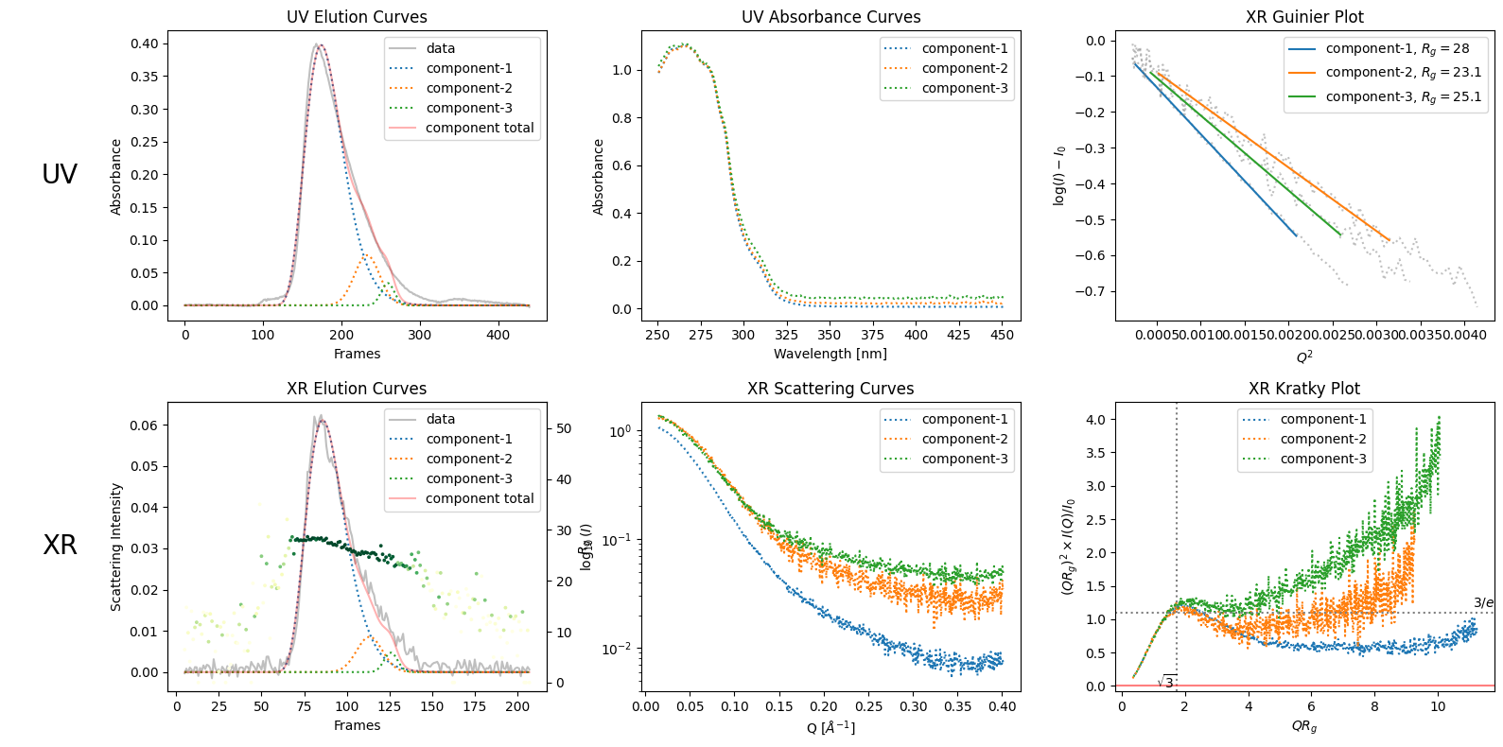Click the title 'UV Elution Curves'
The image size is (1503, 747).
[357, 17]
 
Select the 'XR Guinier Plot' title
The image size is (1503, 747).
[1304, 17]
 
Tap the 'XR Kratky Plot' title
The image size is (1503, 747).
[1303, 389]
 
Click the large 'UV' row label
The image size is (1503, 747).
[60, 174]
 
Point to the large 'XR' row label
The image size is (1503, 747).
[60, 545]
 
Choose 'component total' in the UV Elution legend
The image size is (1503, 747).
[480, 128]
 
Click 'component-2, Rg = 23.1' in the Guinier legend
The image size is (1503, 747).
[1403, 72]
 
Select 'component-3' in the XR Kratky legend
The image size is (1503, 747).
[1322, 459]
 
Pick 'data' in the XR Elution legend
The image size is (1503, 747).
[440, 419]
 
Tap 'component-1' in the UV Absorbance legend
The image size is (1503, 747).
[964, 48]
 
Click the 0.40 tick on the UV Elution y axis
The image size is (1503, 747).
[145, 43]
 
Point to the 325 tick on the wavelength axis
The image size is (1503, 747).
[786, 335]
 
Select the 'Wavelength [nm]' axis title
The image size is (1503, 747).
[830, 354]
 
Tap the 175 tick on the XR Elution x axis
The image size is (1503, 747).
[474, 706]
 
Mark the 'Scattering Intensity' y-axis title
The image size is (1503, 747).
[116, 547]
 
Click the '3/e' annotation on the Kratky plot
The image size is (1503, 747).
[1483, 602]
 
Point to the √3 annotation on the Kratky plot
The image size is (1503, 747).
[1166, 681]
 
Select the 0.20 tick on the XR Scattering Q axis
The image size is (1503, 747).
[824, 706]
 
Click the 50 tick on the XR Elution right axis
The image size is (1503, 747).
[564, 428]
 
